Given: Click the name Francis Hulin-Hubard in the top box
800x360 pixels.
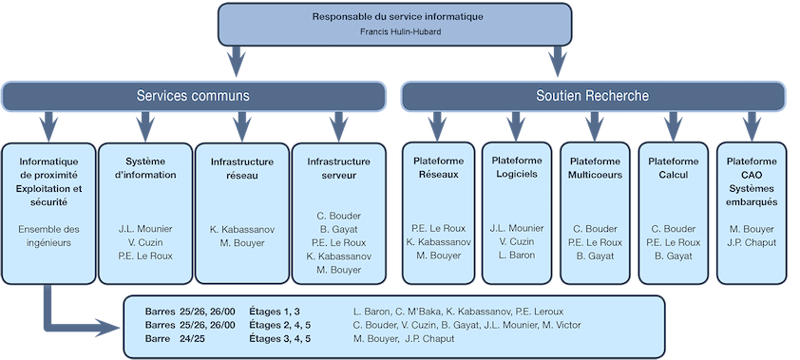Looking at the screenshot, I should (399, 31).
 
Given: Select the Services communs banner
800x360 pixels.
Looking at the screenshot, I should (194, 96).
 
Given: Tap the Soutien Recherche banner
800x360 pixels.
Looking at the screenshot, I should (592, 96).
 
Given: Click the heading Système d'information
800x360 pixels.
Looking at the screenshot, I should (144, 167).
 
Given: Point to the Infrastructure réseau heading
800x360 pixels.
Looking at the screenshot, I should (241, 167).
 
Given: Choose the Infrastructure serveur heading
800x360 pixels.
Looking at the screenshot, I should (338, 167).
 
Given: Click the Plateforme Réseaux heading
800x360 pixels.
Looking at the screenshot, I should (438, 167).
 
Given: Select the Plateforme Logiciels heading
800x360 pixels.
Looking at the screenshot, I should (516, 167).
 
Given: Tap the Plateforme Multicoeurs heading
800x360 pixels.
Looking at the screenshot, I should (595, 167).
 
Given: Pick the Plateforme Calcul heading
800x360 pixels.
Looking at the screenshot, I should (674, 167).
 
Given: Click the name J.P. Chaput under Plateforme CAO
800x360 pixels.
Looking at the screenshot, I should (752, 242).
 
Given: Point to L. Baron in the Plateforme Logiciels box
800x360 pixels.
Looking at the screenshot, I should (516, 256).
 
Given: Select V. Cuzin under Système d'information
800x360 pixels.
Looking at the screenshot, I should (144, 242).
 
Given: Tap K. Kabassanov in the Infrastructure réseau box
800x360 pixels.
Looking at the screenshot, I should (241, 229).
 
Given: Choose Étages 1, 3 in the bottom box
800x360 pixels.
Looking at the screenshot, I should (274, 311).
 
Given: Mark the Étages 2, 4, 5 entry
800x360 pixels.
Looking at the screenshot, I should (279, 325).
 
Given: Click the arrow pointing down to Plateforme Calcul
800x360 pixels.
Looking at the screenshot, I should (674, 124).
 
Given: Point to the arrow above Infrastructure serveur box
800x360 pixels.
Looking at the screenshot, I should (338, 124).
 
